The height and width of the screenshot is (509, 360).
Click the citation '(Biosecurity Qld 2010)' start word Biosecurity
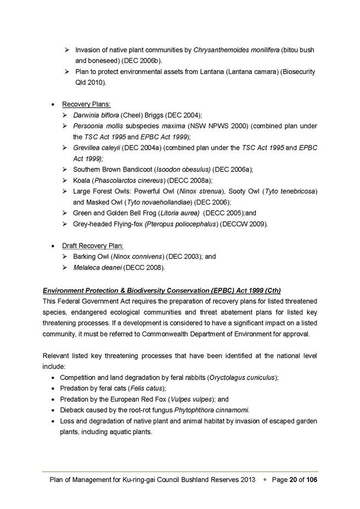(296, 72)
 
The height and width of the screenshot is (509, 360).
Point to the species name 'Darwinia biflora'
(96, 115)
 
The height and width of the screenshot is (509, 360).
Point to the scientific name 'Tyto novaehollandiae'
(149, 202)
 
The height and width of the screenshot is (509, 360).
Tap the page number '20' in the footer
(292, 480)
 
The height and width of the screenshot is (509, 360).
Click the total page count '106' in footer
(311, 480)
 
